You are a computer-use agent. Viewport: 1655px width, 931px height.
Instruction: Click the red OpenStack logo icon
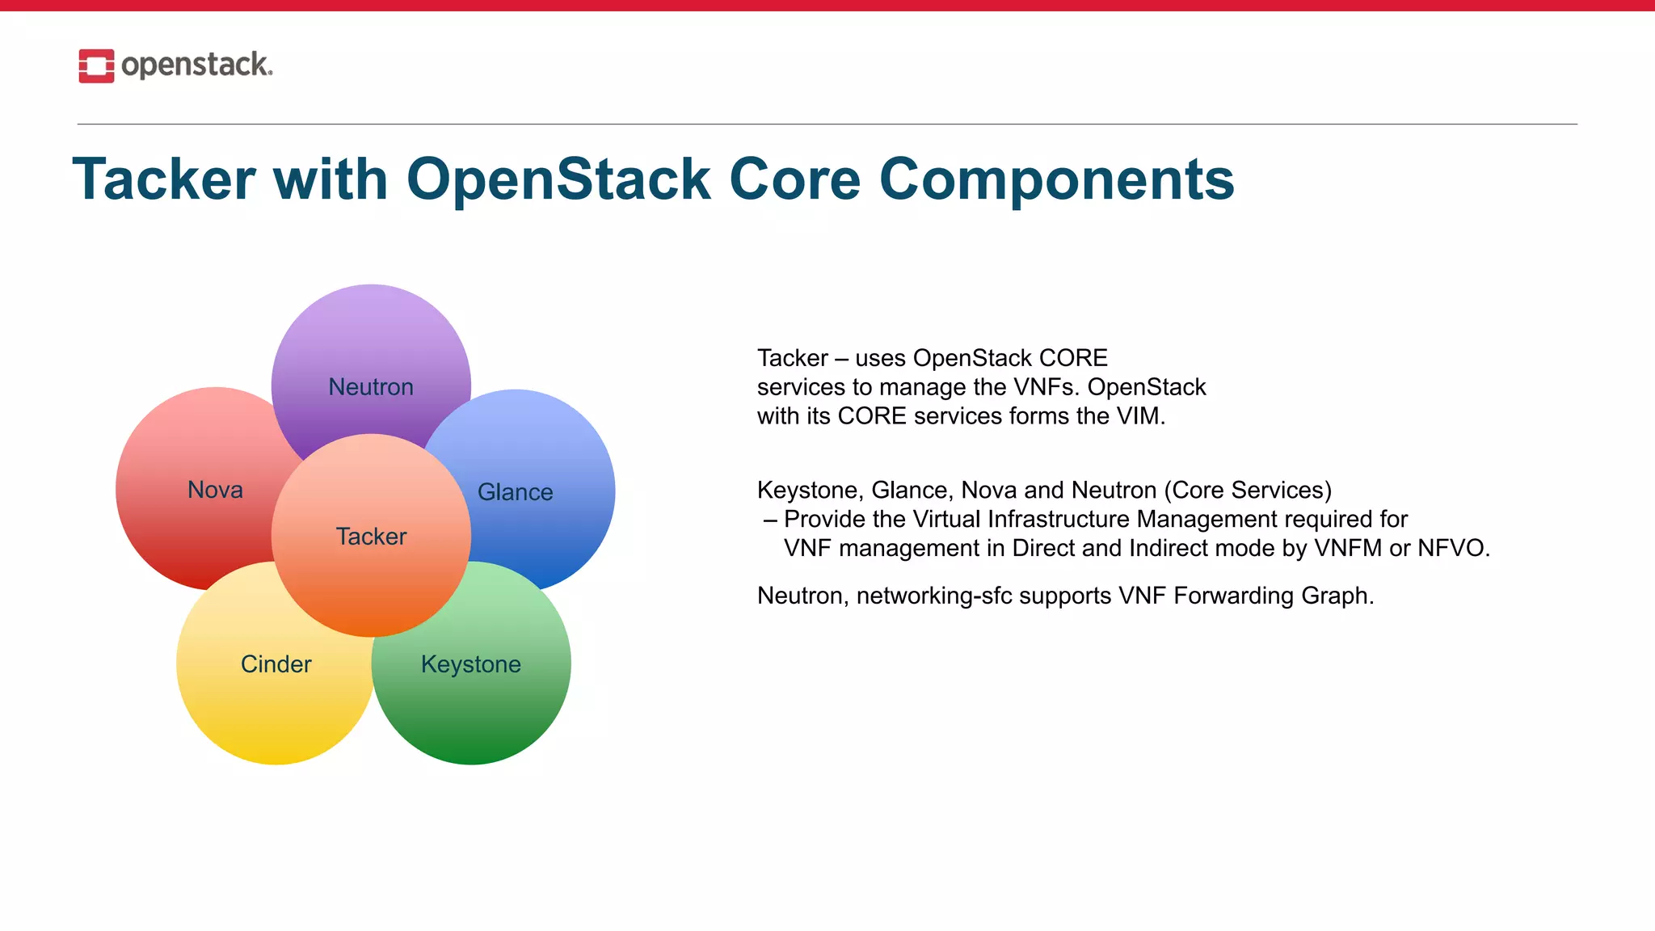(96, 65)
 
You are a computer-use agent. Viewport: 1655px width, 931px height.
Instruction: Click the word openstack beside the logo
(196, 65)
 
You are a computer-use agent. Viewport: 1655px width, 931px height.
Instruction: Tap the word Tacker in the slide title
(164, 179)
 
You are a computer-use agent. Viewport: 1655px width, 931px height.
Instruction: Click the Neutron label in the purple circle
(371, 387)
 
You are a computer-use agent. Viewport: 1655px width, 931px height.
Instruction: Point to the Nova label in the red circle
(215, 490)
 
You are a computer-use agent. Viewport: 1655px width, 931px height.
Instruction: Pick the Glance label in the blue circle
(516, 492)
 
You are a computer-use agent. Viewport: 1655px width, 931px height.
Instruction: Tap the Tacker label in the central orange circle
(371, 537)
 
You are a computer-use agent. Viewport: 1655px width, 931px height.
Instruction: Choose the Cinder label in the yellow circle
(276, 664)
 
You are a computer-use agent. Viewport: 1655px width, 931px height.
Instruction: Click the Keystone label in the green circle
(471, 664)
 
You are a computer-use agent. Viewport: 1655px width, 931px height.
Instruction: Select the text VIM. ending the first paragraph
(1141, 416)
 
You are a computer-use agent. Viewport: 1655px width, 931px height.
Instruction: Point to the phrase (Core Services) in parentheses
(1248, 491)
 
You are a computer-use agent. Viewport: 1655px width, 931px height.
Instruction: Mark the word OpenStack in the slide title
(558, 179)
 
